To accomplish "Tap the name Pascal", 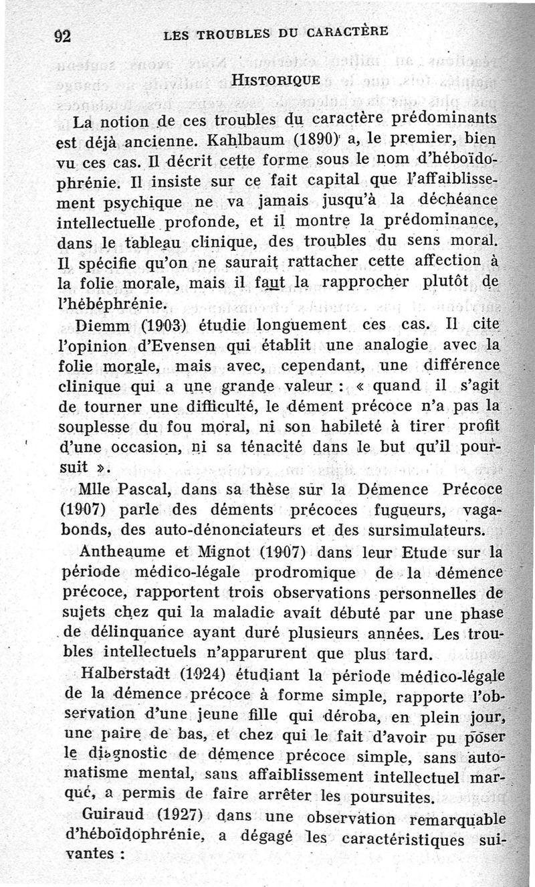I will coord(137,488).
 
